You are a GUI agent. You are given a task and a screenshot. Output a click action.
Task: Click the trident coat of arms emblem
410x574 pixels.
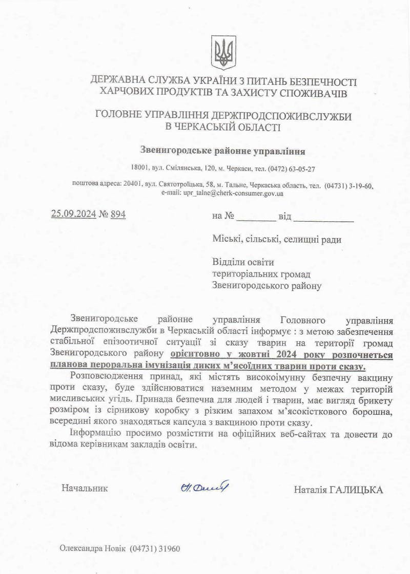[x=223, y=52]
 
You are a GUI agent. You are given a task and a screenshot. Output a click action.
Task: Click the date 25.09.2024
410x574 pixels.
[x=73, y=215]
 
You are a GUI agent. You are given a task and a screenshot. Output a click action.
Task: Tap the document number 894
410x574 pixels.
[x=118, y=215]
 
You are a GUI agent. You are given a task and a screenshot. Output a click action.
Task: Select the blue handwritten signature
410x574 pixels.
[x=204, y=487]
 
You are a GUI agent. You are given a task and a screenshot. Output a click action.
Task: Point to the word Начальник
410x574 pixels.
[x=85, y=488]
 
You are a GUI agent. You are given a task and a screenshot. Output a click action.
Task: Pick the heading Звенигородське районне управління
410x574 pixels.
[x=223, y=151]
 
